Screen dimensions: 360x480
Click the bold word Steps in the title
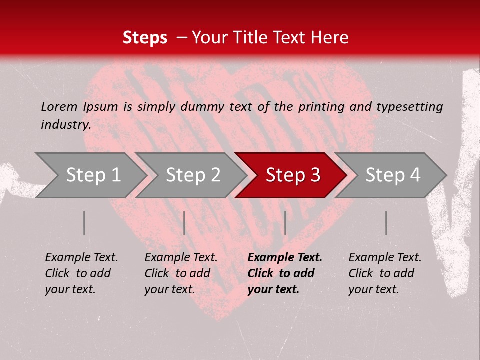coord(145,38)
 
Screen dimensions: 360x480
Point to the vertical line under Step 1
coord(84,223)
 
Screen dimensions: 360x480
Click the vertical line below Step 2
coord(184,223)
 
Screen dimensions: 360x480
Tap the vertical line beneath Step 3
coord(285,223)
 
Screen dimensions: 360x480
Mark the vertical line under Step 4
coord(386,223)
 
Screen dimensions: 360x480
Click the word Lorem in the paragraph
coord(59,106)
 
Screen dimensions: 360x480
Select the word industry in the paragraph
coord(65,124)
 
